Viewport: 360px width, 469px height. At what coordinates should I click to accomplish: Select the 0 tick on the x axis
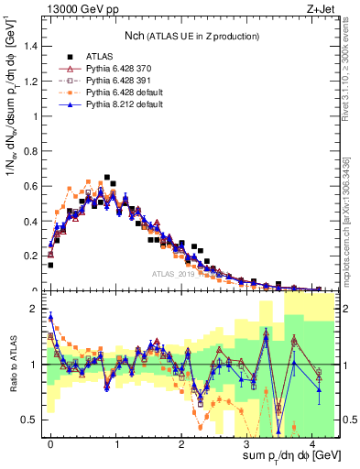point(50,444)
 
